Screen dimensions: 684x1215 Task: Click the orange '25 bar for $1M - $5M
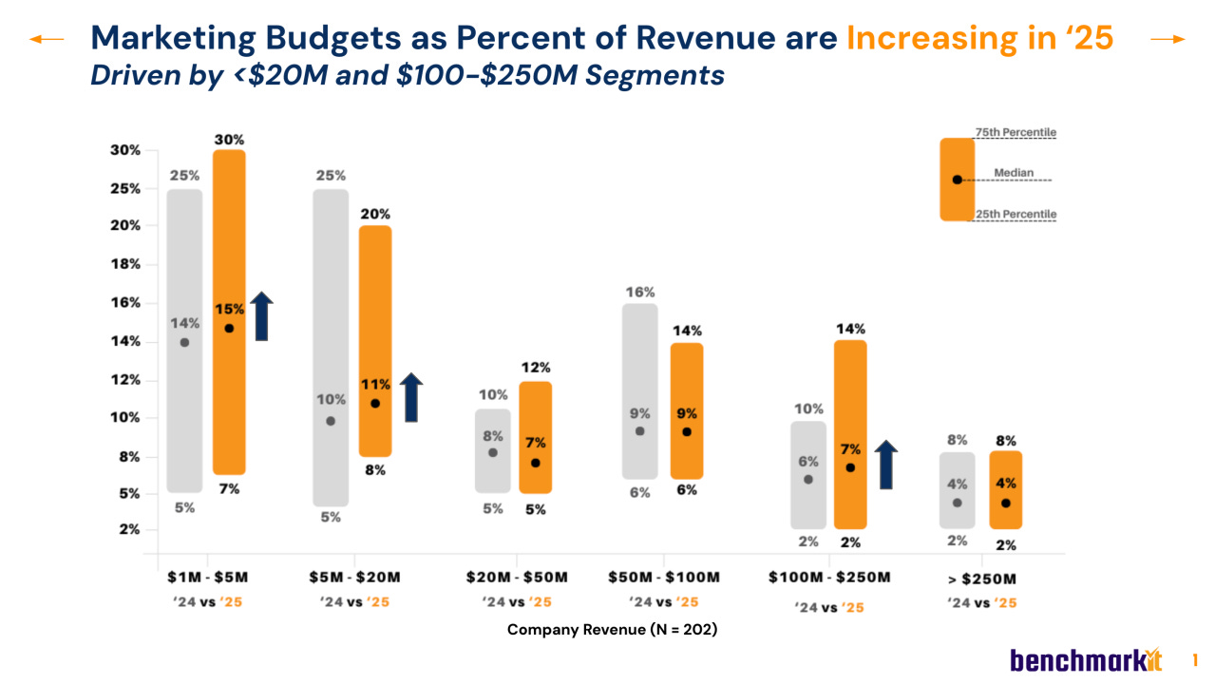pos(229,399)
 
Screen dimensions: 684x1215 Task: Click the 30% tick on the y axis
pos(126,150)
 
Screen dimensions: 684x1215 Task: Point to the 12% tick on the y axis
pos(126,380)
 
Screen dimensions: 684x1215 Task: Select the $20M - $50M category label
pos(517,577)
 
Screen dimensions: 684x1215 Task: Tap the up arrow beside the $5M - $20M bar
pos(410,397)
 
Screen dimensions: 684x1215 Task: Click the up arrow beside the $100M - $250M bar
pos(885,465)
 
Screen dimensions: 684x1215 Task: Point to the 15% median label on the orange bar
pos(229,309)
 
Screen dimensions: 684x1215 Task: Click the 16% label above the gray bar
pos(639,293)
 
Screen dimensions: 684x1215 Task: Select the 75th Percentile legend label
pos(1016,132)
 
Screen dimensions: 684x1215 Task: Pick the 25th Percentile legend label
pos(1016,215)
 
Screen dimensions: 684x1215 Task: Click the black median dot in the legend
pos(957,180)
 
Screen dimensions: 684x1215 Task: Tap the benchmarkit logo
pos(1086,659)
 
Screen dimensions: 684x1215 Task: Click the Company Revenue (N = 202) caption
pos(612,630)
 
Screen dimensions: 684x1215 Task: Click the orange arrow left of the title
pos(47,39)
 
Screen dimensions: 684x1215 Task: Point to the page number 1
pos(1195,659)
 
